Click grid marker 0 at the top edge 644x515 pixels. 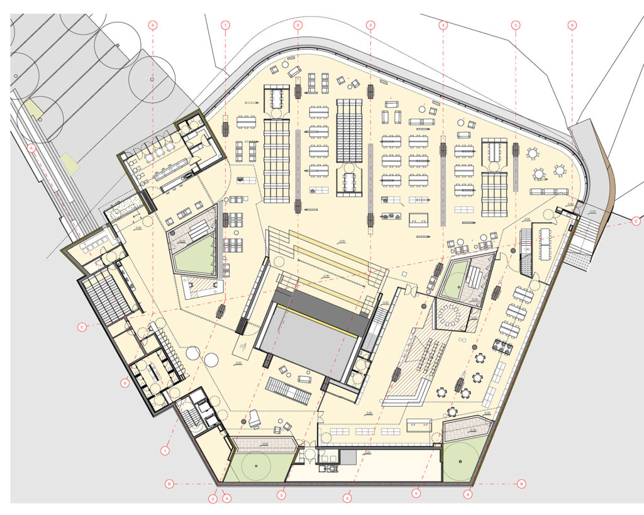[x=153, y=25]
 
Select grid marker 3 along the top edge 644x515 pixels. [x=370, y=25]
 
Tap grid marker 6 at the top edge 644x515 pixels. [x=572, y=25]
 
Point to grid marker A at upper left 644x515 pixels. [x=31, y=148]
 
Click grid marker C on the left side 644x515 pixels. [x=82, y=327]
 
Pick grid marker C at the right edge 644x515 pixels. [x=636, y=221]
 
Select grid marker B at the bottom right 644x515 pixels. [x=521, y=484]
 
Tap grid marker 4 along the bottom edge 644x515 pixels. [x=347, y=497]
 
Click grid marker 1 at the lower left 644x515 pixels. [x=165, y=451]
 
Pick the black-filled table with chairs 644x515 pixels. [x=504, y=345]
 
